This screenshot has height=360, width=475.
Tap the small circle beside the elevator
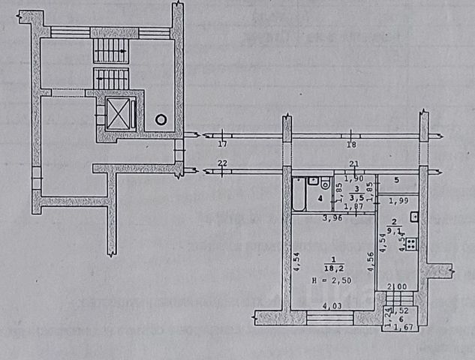[160, 118]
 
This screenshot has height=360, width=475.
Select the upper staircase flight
[111, 51]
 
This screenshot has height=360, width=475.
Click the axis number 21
[354, 164]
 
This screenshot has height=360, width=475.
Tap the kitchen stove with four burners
[411, 242]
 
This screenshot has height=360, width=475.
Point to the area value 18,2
[332, 265]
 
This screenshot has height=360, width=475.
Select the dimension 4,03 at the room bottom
[332, 305]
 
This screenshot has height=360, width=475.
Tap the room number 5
[395, 180]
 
